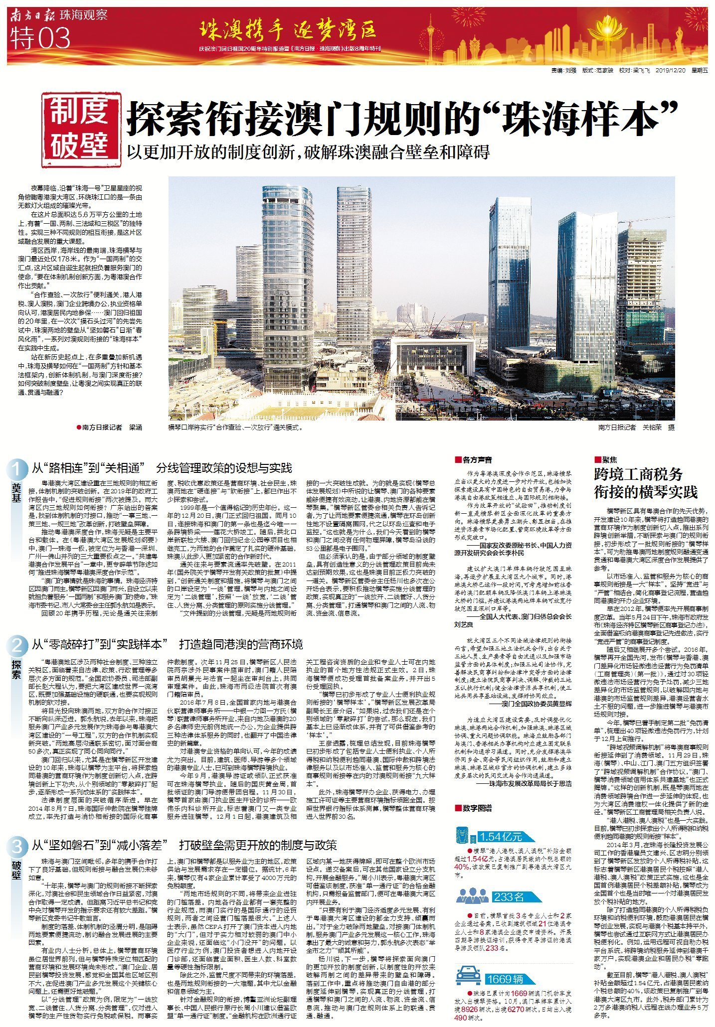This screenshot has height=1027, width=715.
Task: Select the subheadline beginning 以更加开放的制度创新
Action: pyautogui.click(x=308, y=152)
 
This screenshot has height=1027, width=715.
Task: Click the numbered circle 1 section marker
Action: pyautogui.click(x=17, y=469)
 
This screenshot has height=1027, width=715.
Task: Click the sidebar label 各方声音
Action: pyautogui.click(x=473, y=460)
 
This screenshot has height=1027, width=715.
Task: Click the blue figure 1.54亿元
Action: pyautogui.click(x=500, y=836)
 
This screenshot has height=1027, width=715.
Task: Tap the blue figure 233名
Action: pyautogui.click(x=509, y=897)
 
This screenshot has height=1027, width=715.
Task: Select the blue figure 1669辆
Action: pyautogui.click(x=506, y=965)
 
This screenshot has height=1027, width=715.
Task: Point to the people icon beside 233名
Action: pyautogui.click(x=472, y=896)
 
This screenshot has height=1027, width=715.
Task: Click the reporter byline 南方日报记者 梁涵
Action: pyautogui.click(x=110, y=428)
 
